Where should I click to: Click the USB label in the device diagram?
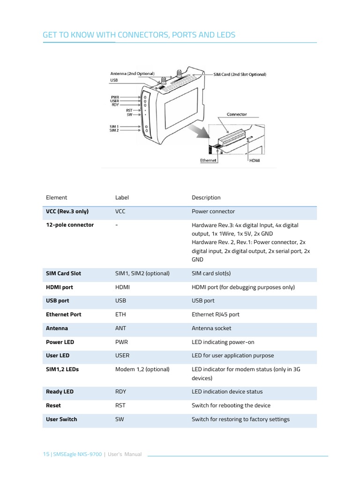[x=114, y=80]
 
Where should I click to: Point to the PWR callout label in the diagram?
[x=114, y=97]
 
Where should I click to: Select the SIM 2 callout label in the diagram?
[x=114, y=130]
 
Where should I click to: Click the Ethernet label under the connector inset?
[x=209, y=160]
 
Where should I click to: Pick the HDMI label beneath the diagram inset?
[x=255, y=160]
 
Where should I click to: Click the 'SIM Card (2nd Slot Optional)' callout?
[x=240, y=75]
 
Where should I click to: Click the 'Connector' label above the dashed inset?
[x=237, y=114]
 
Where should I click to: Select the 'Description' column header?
[x=206, y=197]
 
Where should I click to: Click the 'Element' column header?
[x=56, y=197]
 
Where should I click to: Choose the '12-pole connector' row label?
[x=69, y=225]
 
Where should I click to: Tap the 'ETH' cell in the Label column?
[x=120, y=315]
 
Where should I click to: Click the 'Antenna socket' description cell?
[x=211, y=328]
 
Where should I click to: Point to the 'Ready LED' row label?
[x=60, y=391]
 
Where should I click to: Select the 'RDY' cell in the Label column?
[x=120, y=391]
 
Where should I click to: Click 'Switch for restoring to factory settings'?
[x=240, y=419]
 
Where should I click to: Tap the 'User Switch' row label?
[x=61, y=419]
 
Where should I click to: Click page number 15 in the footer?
[x=45, y=454]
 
